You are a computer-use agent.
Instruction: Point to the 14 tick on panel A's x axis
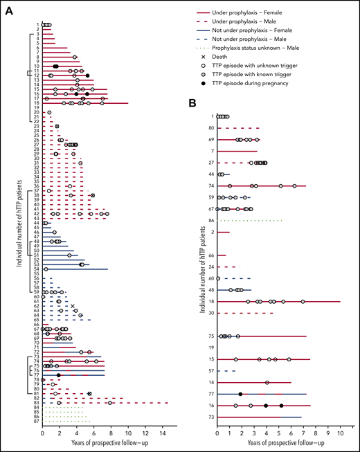163,434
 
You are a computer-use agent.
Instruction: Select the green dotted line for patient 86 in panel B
250,220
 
